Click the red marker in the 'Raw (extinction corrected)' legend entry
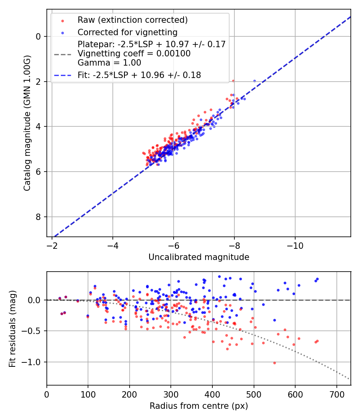pyautogui.click(x=62, y=20)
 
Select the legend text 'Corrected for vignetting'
pyautogui.click(x=128, y=32)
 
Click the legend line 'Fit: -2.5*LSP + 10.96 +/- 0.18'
pyautogui.click(x=62, y=75)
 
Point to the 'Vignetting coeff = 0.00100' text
pyautogui.click(x=134, y=53)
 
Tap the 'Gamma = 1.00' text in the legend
pyautogui.click(x=109, y=62)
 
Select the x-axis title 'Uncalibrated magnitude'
pyautogui.click(x=199, y=257)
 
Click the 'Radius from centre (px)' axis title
pyautogui.click(x=199, y=406)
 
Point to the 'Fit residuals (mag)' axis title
pyautogui.click(x=12, y=328)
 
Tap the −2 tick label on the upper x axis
pyautogui.click(x=52, y=244)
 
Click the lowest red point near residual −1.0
pyautogui.click(x=274, y=363)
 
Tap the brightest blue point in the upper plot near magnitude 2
pyautogui.click(x=254, y=81)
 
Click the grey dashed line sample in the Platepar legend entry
pyautogui.click(x=62, y=54)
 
